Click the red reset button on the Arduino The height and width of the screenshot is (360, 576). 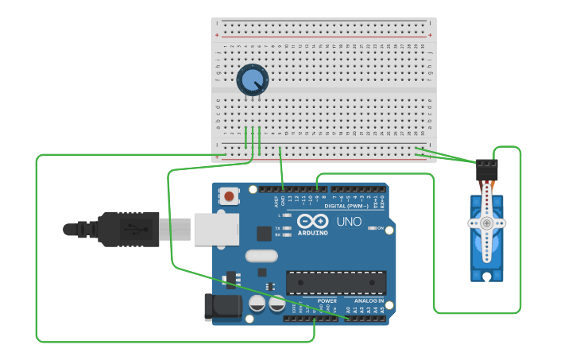229,195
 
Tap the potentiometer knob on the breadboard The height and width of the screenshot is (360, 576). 253,80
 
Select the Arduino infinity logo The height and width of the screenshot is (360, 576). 313,221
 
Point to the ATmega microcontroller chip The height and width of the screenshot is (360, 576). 336,282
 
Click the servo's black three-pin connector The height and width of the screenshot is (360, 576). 487,170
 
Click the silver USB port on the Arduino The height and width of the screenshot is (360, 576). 216,229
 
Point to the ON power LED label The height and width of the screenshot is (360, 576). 380,228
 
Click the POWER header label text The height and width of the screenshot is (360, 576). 327,301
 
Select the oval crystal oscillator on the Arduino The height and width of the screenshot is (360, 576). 261,256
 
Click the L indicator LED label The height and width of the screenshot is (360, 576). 279,215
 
